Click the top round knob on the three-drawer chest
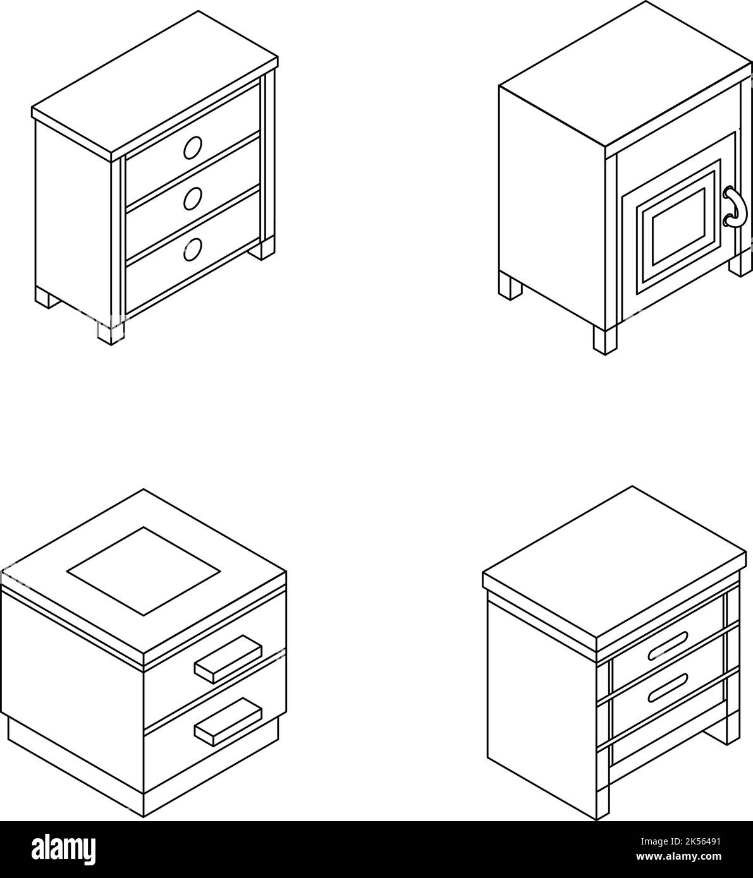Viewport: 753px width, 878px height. [192, 148]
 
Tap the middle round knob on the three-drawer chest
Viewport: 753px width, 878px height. [192, 198]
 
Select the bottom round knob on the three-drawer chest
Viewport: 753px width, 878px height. [192, 250]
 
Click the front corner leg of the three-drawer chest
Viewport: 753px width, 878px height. [111, 333]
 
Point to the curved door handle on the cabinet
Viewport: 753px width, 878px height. [735, 207]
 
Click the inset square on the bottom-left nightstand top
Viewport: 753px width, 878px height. [144, 570]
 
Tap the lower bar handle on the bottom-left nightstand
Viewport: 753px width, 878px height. [228, 721]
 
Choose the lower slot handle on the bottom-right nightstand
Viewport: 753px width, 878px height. [667, 688]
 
